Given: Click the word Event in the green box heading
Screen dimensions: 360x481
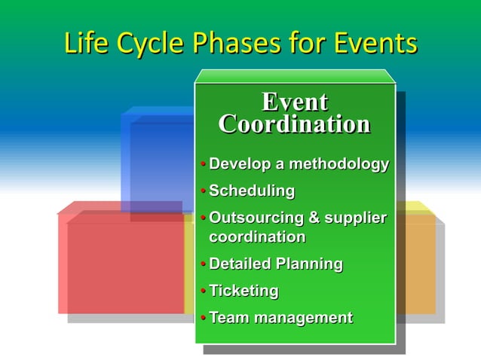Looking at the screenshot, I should point(294,102).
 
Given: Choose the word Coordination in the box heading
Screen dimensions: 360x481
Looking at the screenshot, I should point(294,124).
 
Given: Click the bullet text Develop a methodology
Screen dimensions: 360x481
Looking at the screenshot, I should point(299,163).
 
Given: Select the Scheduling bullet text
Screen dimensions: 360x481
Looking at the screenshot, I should point(251,191).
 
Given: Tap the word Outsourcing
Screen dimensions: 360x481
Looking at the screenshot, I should point(254,218).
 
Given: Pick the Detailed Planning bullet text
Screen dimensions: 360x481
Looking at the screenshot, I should point(275,264).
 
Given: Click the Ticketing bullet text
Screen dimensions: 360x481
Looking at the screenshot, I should point(244,291).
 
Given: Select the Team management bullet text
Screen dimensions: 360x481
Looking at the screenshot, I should point(280,318).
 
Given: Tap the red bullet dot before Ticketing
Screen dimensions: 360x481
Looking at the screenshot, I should point(203,291).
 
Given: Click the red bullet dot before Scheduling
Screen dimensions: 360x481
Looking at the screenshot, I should point(203,191).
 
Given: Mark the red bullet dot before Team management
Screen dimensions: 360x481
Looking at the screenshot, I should point(203,319).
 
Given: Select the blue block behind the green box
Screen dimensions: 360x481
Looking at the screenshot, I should point(158,158).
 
